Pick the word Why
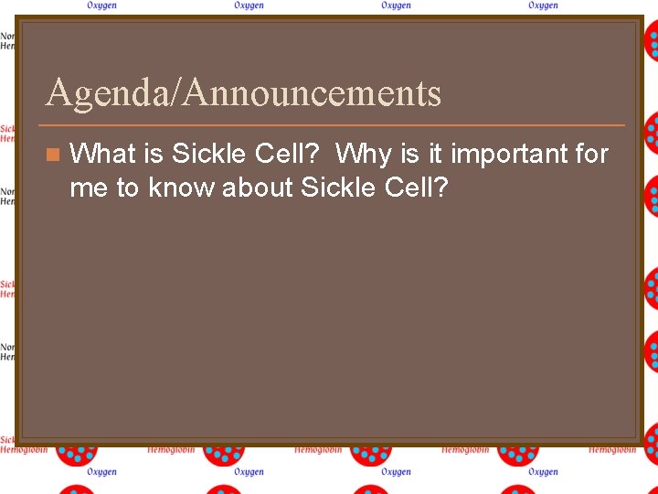[x=364, y=154]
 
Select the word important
[x=508, y=154]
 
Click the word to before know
[x=128, y=188]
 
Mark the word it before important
[x=435, y=154]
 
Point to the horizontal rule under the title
[x=334, y=124]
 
